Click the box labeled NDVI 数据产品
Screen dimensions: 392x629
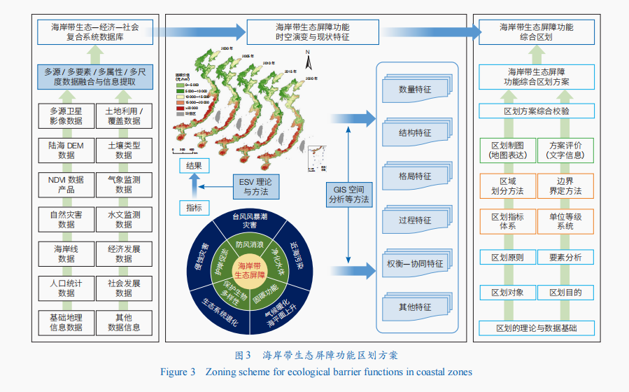pyautogui.click(x=66, y=185)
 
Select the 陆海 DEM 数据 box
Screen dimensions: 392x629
pyautogui.click(x=66, y=150)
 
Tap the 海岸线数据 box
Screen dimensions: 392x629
pyautogui.click(x=66, y=253)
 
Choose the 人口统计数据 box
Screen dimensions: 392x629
pyautogui.click(x=66, y=288)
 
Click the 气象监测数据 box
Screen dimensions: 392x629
pyautogui.click(x=124, y=185)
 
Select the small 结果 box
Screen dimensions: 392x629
pyautogui.click(x=194, y=166)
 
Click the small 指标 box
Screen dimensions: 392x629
pyautogui.click(x=194, y=208)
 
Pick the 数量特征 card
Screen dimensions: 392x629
pyautogui.click(x=414, y=90)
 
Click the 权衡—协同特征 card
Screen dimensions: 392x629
pyautogui.click(x=414, y=264)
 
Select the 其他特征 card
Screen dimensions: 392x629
pyautogui.click(x=414, y=307)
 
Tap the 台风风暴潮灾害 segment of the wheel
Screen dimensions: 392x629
pyautogui.click(x=250, y=221)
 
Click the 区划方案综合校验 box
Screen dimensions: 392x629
pyautogui.click(x=536, y=111)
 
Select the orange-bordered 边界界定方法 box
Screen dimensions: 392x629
pyautogui.click(x=565, y=185)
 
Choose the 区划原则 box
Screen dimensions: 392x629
pyautogui.click(x=508, y=257)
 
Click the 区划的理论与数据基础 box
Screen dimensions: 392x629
pyautogui.click(x=536, y=328)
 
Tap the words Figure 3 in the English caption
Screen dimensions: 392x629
pyautogui.click(x=178, y=372)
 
